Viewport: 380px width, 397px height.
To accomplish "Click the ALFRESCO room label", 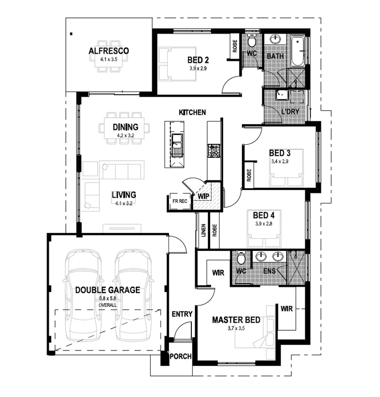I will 108,51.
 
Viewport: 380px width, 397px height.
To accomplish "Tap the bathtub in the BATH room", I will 298,51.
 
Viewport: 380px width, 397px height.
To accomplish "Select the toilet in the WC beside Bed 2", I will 252,43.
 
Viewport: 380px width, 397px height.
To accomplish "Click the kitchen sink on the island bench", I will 177,141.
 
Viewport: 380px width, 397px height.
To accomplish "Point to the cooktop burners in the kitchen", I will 214,150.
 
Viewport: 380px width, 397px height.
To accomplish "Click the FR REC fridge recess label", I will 180,201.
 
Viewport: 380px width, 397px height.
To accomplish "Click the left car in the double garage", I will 84,294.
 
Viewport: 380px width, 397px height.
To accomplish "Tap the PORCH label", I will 181,356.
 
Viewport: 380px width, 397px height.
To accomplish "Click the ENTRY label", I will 182,314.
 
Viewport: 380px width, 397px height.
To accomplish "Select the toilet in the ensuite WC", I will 241,258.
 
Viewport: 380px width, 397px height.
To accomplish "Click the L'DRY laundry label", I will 290,112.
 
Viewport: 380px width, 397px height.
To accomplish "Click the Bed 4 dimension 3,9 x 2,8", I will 263,224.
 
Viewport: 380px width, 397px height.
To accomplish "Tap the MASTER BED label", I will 236,320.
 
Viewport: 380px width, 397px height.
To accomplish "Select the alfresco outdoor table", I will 108,63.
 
